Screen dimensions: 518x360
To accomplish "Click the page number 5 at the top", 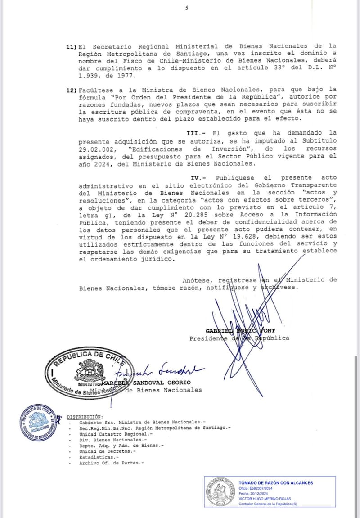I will pos(187,8).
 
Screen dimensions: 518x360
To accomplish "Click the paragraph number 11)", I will pos(72,46).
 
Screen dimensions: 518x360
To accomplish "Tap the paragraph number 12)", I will pos(72,90).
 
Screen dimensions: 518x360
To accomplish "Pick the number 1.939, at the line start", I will pos(90,76).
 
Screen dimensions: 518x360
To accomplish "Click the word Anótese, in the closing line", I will pos(198,280).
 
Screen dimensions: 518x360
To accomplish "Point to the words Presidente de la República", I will pos(239,338).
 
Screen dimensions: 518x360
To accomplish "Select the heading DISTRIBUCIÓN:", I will pos(85,417).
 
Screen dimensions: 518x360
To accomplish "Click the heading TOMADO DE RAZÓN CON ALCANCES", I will pos(275,483).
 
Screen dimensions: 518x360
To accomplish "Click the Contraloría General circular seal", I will pos(220,492).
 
